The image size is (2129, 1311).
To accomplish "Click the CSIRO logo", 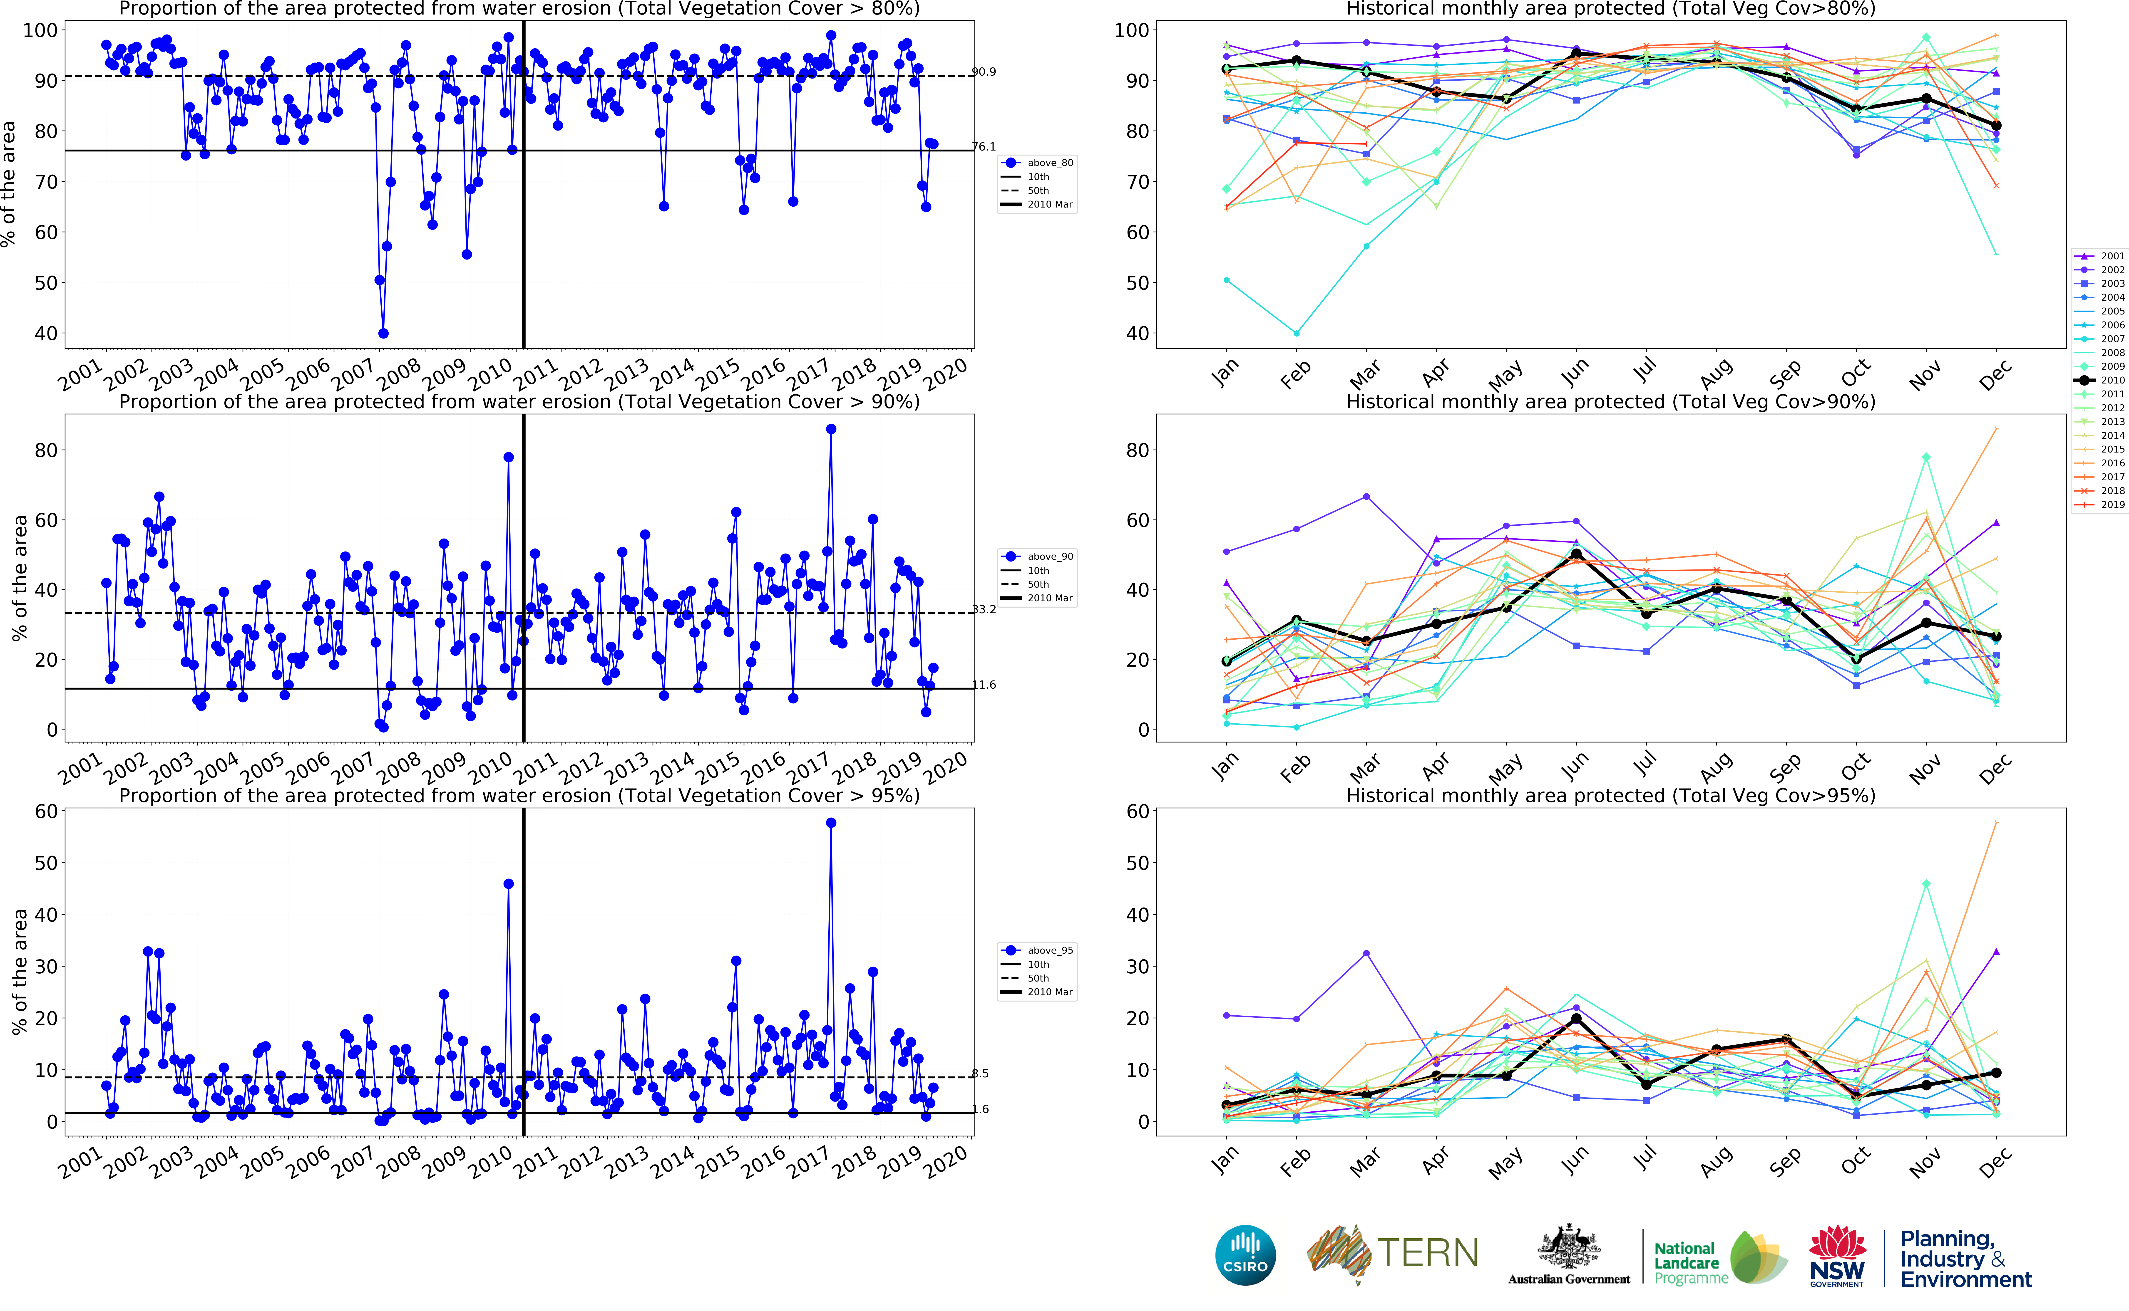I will [x=1245, y=1255].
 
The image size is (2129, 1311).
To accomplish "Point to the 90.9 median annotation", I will [x=984, y=72].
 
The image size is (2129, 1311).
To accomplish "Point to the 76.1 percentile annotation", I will [x=984, y=146].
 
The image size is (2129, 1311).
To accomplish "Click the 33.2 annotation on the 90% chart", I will [x=984, y=610].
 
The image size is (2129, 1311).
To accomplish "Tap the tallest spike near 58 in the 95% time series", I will [x=831, y=823].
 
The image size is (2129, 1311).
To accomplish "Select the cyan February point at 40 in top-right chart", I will [x=1297, y=333].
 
